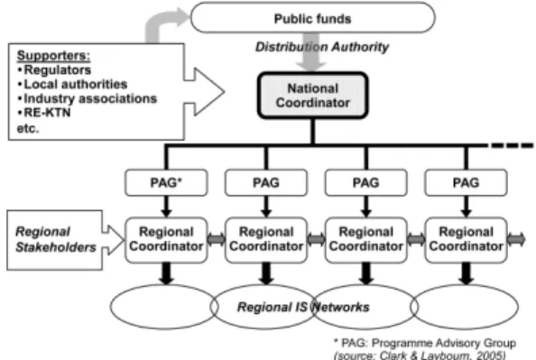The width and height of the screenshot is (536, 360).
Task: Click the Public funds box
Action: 313,18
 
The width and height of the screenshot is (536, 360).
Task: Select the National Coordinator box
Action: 312,96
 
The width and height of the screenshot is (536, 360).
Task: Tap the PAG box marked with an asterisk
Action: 166,182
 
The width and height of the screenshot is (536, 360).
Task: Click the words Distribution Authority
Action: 322,47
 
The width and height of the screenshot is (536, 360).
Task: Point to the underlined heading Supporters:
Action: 53,55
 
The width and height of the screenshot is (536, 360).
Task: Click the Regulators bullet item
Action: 54,69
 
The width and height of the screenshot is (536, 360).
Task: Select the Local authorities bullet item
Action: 72,84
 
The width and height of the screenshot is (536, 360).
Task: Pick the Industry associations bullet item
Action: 88,98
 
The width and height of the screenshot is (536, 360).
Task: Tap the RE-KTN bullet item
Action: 44,113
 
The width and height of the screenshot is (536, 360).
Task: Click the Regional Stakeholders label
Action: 56,239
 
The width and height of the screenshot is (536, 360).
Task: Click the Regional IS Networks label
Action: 303,307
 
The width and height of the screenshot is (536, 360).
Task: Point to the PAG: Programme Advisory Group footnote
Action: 425,343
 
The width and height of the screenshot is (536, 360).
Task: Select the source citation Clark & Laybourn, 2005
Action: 420,355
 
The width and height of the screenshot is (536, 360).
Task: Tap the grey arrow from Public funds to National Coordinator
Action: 310,52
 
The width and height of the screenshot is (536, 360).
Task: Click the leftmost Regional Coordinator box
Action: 166,240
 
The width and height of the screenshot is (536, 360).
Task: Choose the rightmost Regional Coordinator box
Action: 466,240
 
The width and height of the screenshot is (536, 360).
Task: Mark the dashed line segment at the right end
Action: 512,145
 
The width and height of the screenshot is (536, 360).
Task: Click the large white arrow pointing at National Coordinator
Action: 205,92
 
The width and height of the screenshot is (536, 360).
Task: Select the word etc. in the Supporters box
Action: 28,128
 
